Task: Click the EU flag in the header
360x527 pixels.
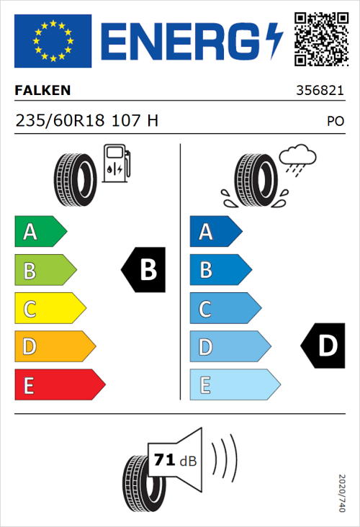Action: [x=53, y=41]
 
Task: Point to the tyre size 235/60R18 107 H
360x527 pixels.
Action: [x=86, y=121]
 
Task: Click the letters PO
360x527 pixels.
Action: [x=335, y=122]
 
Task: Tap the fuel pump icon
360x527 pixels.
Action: [x=115, y=163]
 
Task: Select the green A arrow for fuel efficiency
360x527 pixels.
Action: [x=40, y=232]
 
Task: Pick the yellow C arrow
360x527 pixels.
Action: [x=49, y=309]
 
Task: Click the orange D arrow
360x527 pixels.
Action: [x=54, y=347]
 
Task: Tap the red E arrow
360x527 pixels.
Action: [x=59, y=385]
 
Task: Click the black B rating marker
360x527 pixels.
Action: [x=144, y=270]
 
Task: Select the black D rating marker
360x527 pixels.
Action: [x=323, y=346]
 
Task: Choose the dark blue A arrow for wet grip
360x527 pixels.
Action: [x=215, y=232]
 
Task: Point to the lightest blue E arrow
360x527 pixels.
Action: [x=234, y=385]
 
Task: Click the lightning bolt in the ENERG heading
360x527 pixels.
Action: [x=274, y=41]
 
